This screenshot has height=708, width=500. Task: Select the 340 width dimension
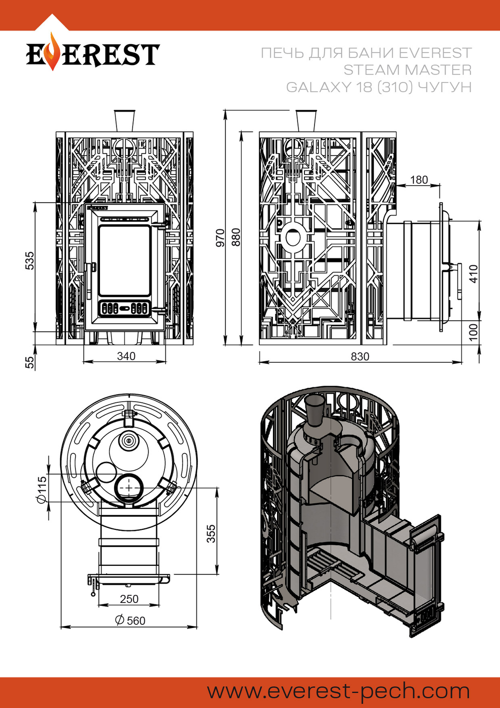pyautogui.click(x=126, y=356)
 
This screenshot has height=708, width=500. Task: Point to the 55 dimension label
pyautogui.click(x=30, y=361)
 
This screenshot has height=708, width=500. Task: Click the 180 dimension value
pyautogui.click(x=419, y=180)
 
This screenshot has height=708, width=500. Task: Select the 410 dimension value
pyautogui.click(x=473, y=274)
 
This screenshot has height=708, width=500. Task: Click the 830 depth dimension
pyautogui.click(x=359, y=356)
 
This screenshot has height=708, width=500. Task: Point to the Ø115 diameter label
pyautogui.click(x=41, y=489)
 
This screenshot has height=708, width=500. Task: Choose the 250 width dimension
pyautogui.click(x=129, y=599)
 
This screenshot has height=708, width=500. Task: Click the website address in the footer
pyautogui.click(x=338, y=691)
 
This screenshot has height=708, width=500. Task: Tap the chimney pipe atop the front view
pyautogui.click(x=124, y=121)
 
